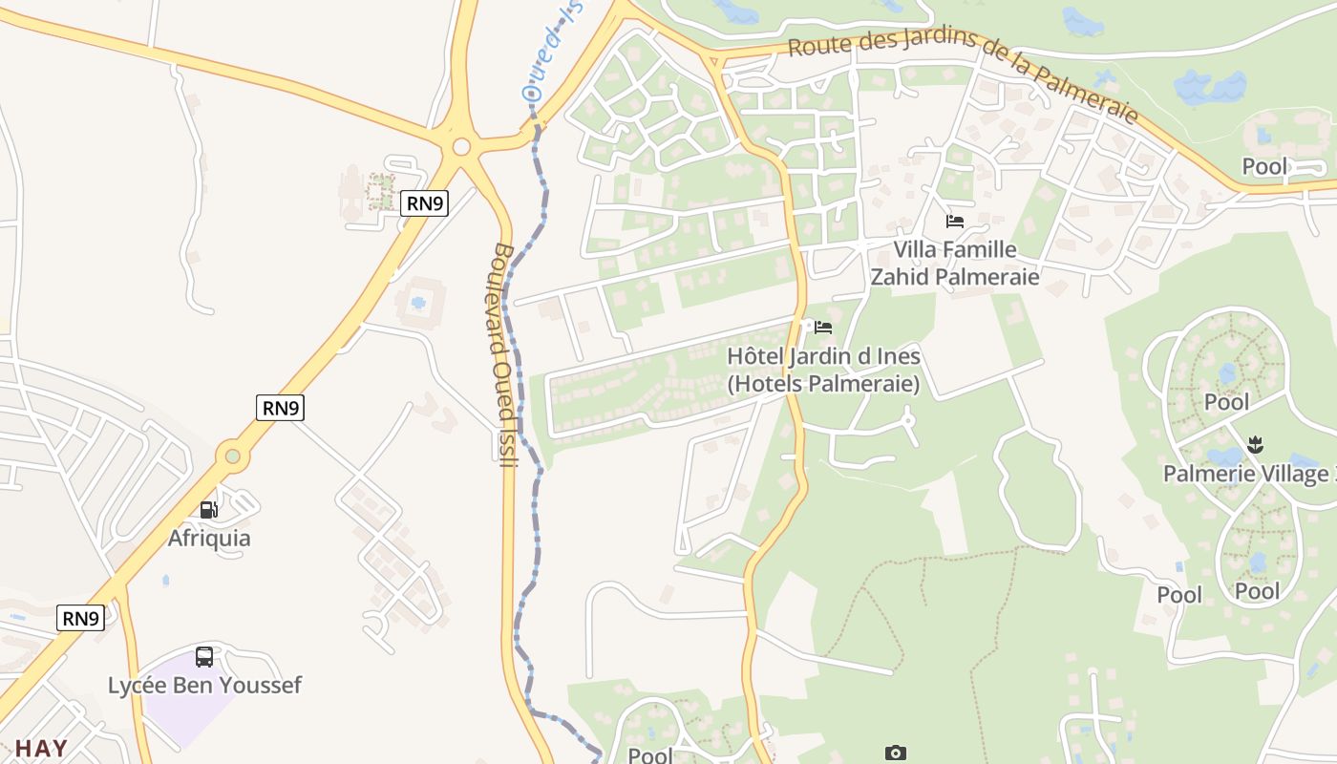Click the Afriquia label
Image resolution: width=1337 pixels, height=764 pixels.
click(209, 538)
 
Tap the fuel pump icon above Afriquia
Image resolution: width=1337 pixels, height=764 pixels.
click(209, 509)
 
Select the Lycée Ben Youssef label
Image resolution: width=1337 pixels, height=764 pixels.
click(204, 685)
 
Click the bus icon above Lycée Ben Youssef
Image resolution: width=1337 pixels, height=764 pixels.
click(204, 657)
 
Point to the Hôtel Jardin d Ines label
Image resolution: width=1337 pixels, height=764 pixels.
click(823, 356)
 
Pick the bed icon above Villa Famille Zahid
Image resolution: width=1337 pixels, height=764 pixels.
click(954, 222)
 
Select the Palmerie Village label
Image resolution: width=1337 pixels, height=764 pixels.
click(1245, 473)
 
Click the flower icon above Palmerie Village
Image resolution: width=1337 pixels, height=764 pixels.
click(1255, 444)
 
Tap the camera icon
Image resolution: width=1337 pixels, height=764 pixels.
click(895, 753)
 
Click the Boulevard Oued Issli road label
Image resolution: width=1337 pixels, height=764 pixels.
click(504, 355)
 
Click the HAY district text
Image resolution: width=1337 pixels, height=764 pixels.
click(41, 748)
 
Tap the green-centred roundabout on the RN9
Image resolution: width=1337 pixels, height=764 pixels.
click(232, 456)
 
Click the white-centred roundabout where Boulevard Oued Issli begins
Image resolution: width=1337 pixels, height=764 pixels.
click(462, 146)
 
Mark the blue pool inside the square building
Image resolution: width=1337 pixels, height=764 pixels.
click(417, 304)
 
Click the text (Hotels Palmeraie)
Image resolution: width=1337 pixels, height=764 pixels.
click(823, 384)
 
